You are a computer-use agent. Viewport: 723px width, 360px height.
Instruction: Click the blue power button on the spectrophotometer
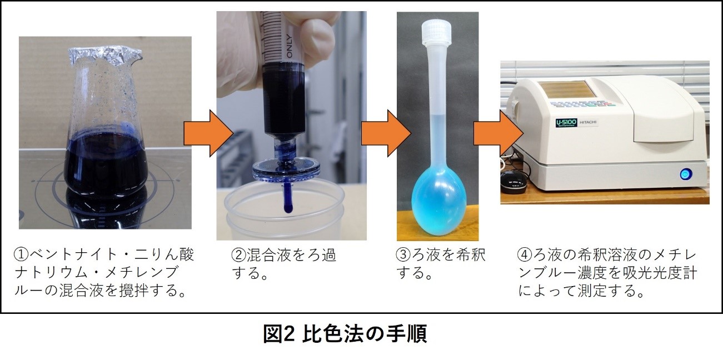tap(684, 174)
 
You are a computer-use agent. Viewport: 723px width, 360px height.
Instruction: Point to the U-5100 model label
tap(566, 123)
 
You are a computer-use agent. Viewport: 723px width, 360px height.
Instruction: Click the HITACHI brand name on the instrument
tap(588, 123)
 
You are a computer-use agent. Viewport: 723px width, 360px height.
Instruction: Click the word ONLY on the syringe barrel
tap(289, 46)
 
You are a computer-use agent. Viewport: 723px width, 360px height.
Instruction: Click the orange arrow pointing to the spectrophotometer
tap(498, 133)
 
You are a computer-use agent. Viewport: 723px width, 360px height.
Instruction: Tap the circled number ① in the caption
tap(21, 255)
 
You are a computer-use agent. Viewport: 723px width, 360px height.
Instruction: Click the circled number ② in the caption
tap(238, 255)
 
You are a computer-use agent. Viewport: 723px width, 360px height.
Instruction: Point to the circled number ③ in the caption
tap(403, 255)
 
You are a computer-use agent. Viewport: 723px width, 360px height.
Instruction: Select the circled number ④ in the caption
tap(525, 255)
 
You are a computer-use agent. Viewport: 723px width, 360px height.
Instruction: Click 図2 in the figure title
tap(279, 334)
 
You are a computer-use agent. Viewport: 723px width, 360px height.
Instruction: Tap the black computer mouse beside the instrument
tap(514, 182)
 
